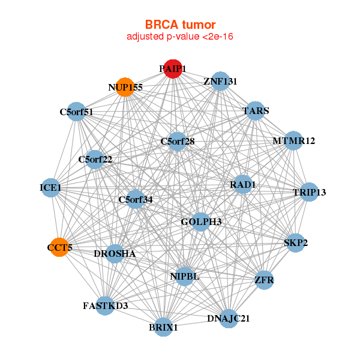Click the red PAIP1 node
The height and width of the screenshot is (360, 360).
point(172,70)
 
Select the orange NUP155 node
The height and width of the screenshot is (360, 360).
point(124,87)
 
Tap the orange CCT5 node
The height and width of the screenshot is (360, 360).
point(59,247)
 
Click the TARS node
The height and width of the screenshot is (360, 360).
point(256,111)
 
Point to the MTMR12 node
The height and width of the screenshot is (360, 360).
point(293,141)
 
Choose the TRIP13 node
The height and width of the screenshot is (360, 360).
point(308,192)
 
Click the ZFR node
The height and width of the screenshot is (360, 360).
point(264,280)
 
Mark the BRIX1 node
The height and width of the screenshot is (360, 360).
point(163,327)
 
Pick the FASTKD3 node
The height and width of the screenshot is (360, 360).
point(105,306)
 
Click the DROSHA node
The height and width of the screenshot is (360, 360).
point(115,254)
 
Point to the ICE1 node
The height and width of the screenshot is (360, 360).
point(51,188)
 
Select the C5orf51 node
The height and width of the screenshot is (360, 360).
point(76,112)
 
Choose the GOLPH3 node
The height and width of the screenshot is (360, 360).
point(201,223)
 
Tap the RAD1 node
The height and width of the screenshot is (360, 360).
point(243,185)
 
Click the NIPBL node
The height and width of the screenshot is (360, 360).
point(185,276)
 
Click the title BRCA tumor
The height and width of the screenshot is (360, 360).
point(180,25)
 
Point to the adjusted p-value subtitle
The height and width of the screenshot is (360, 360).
point(180,37)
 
